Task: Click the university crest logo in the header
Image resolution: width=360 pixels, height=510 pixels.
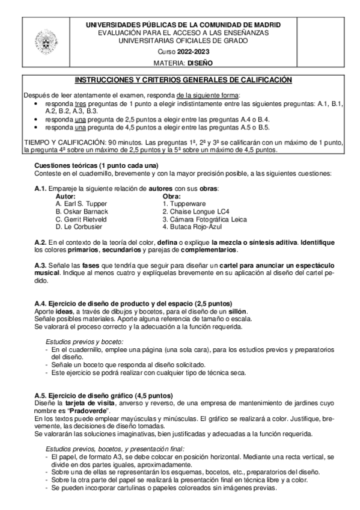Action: tap(44, 43)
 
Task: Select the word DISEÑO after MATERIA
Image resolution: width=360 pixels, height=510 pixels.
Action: tap(200, 63)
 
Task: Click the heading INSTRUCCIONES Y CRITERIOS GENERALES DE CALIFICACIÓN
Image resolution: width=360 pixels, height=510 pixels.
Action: tap(182, 80)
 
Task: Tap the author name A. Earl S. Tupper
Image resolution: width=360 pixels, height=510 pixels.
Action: tap(81, 204)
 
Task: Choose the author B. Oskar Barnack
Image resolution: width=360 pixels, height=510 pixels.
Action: tap(82, 212)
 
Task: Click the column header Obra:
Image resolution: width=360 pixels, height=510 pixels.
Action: tap(172, 196)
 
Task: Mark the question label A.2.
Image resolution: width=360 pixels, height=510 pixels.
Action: tap(40, 241)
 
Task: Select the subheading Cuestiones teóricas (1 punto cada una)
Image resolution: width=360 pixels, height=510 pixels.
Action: tap(88, 165)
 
